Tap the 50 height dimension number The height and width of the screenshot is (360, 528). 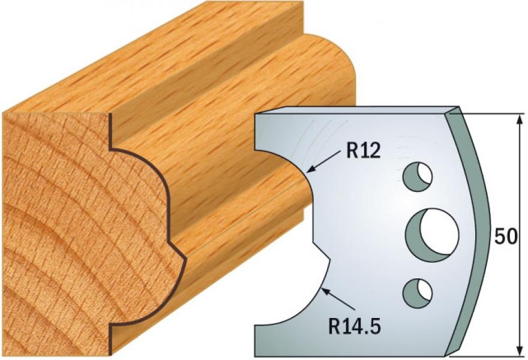(506, 236)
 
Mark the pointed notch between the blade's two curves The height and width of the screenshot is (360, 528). (329, 259)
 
